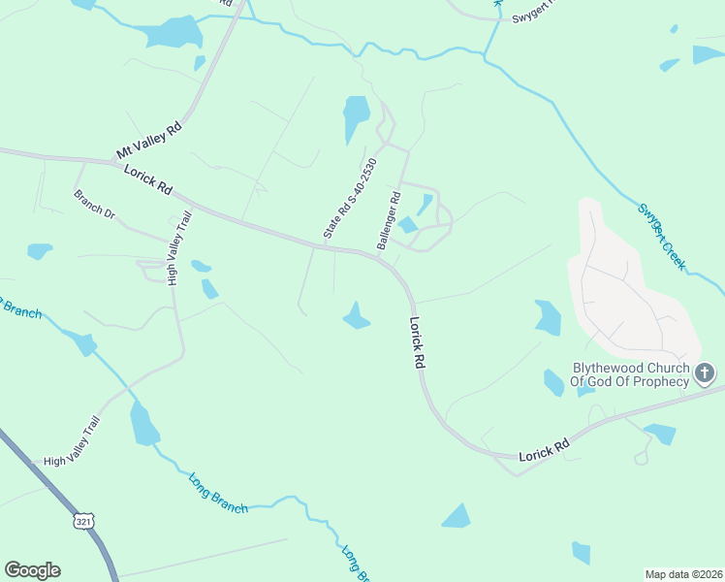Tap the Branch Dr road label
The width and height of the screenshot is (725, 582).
tap(94, 204)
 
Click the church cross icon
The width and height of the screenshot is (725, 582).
tap(705, 372)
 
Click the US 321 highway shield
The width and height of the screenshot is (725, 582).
tap(83, 521)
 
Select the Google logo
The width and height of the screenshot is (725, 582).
tap(32, 570)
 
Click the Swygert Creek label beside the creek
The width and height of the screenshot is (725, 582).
tap(662, 236)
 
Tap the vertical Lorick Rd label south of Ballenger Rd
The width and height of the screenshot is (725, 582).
tap(418, 342)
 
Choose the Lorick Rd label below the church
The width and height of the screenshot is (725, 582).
tap(543, 448)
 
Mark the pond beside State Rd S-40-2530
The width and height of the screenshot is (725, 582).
tap(356, 118)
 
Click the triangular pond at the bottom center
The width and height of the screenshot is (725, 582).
tap(457, 517)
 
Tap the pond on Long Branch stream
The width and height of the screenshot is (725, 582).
tap(143, 425)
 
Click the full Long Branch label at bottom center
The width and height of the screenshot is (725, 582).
tap(218, 494)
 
